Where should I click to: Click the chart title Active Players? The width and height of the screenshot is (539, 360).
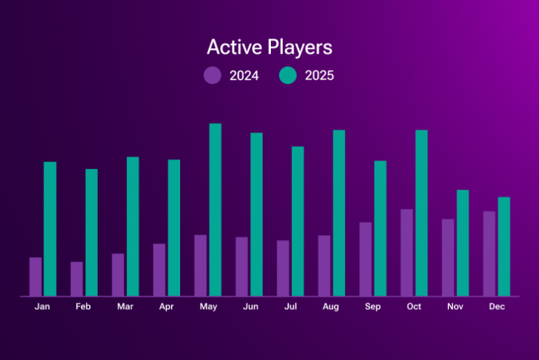point(269,47)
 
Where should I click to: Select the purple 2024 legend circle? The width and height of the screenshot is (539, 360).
point(212,75)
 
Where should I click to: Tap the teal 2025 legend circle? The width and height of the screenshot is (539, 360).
point(288,75)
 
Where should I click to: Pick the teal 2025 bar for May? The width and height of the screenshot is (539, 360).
point(215,209)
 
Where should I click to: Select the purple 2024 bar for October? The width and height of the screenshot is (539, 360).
point(406,253)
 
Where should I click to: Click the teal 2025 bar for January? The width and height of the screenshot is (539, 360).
point(50,229)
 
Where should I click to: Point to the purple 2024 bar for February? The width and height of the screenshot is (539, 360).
point(77,278)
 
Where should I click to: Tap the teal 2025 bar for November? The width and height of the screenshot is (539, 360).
point(462,243)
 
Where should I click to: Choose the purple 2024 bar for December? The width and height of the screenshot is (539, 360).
point(489,253)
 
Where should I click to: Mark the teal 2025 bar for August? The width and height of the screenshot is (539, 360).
point(339,213)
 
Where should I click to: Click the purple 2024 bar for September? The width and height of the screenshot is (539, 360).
point(365,259)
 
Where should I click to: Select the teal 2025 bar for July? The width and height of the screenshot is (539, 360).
point(297,221)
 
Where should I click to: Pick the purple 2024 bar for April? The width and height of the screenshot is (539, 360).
point(159,269)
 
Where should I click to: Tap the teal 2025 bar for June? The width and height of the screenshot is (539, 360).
point(256,214)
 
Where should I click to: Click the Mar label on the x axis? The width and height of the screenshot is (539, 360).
point(125,306)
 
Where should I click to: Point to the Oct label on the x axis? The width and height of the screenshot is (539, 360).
point(414,306)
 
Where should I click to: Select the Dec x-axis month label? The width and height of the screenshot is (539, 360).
point(496,306)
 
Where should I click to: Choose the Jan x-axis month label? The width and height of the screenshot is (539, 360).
point(43,306)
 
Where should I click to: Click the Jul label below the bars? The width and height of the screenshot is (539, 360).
point(290,306)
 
